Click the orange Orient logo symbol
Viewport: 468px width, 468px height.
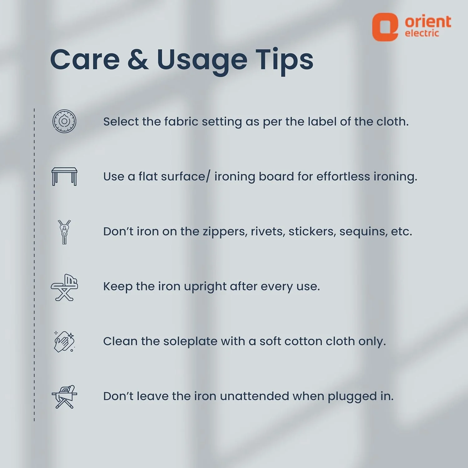click(385, 27)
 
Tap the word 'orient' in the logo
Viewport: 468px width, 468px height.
click(428, 22)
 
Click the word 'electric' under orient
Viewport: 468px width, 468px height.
click(422, 33)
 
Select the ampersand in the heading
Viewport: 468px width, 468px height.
click(138, 59)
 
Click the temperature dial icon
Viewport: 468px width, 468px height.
click(64, 121)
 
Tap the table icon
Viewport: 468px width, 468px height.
click(64, 177)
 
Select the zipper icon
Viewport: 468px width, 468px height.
click(64, 232)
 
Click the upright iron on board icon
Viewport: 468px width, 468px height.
click(64, 287)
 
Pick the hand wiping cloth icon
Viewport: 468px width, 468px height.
click(64, 342)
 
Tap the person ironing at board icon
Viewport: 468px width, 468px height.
click(64, 397)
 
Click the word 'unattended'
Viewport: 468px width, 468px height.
click(254, 396)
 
